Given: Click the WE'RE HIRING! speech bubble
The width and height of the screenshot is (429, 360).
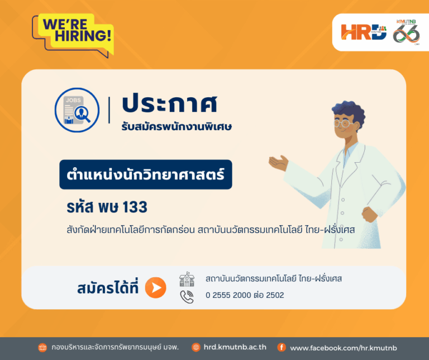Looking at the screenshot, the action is click(x=73, y=34).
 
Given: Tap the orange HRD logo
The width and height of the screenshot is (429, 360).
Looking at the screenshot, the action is click(x=364, y=32).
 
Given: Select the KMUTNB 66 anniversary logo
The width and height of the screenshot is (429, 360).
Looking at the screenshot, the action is click(x=406, y=32).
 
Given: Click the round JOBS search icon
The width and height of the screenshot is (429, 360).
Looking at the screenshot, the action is click(x=77, y=110).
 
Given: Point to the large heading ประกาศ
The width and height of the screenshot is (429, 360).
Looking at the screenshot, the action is click(x=170, y=105).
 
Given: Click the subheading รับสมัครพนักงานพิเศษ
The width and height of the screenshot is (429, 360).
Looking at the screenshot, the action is click(x=177, y=127).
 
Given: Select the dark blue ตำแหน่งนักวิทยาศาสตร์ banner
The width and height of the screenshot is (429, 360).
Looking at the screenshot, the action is click(x=146, y=174).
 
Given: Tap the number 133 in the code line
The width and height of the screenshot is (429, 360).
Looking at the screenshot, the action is click(x=135, y=207).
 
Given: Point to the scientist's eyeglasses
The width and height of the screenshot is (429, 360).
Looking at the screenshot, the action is click(x=344, y=123).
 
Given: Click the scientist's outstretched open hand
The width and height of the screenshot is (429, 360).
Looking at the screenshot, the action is click(x=279, y=163).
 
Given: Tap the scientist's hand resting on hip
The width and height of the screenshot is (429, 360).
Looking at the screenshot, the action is click(x=370, y=214).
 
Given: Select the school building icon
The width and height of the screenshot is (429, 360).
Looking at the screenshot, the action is click(x=187, y=280).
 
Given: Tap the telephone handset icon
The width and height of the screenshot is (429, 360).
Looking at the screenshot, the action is click(x=187, y=297).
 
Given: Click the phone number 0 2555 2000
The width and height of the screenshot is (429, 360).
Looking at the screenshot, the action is click(x=228, y=295).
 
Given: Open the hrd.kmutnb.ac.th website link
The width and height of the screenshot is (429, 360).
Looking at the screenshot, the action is click(x=235, y=347).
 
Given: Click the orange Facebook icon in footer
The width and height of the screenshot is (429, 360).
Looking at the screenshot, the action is click(x=282, y=347).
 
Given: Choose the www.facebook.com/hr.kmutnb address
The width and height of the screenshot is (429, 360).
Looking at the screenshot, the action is click(x=344, y=348).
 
